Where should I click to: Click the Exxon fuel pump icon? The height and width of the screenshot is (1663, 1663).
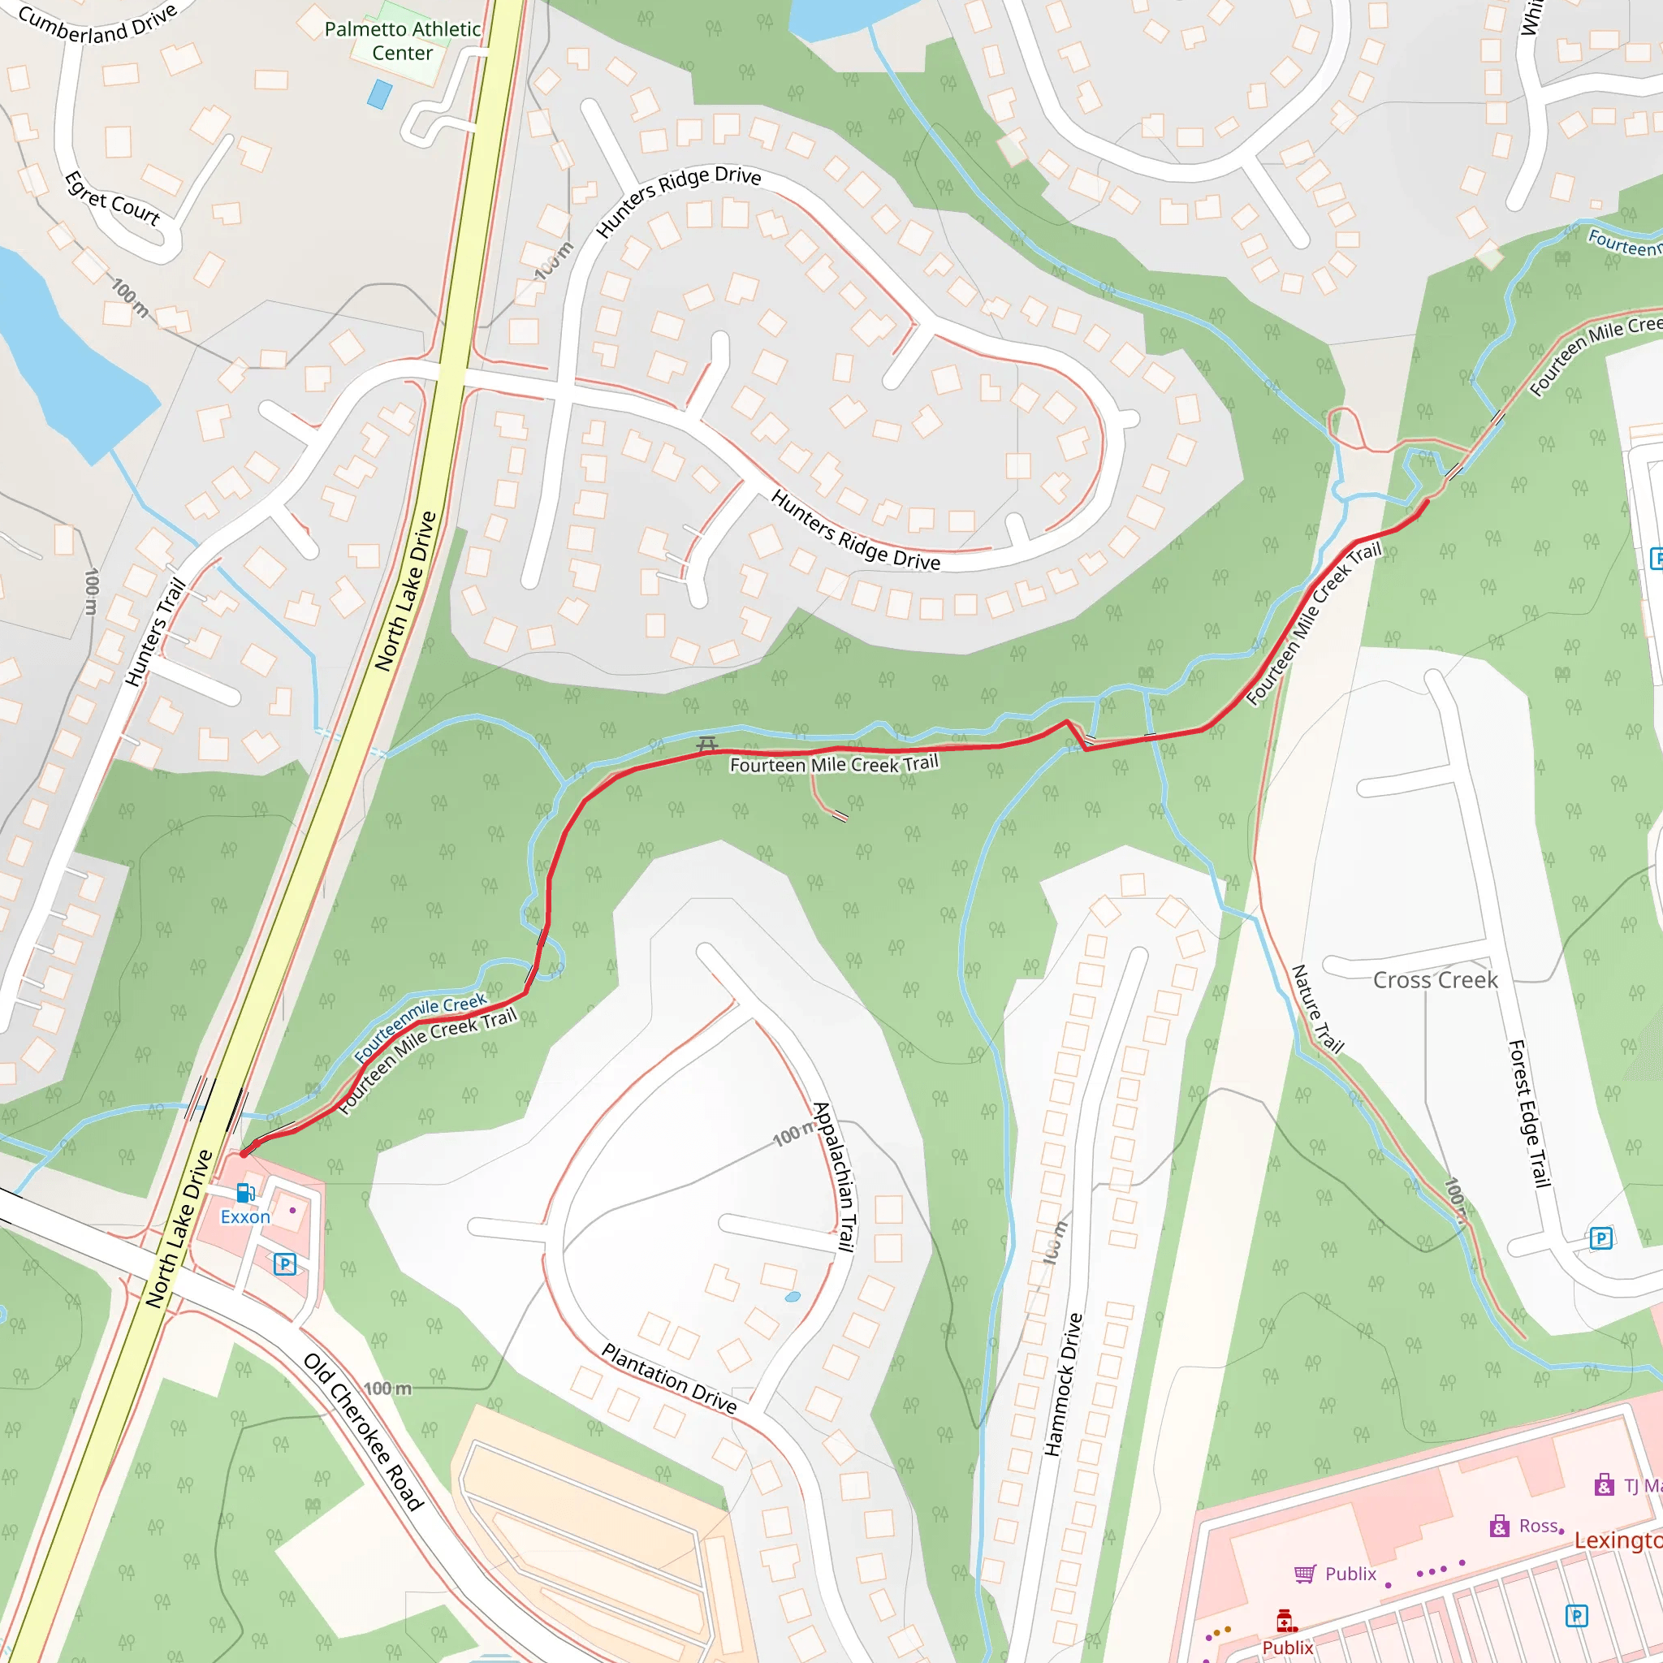coord(244,1193)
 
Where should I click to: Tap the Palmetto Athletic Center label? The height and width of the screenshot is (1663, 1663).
coord(402,41)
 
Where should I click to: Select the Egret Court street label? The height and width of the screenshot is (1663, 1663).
coord(113,199)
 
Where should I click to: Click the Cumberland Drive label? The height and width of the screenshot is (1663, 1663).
coord(97,24)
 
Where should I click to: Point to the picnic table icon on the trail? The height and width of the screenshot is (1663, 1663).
coord(706,743)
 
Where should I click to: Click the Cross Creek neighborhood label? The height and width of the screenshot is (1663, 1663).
coord(1435,979)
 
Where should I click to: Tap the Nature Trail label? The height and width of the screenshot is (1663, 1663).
coord(1317,1009)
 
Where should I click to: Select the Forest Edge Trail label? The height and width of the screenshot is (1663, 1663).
coord(1530,1114)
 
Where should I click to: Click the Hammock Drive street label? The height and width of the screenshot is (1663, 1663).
coord(1063,1384)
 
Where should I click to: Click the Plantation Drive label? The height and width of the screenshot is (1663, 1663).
coord(670,1378)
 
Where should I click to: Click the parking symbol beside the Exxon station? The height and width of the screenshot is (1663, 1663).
coord(285,1263)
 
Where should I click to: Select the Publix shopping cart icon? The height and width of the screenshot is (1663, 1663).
coord(1305,1574)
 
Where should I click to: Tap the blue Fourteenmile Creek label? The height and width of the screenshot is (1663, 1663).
coord(420,1028)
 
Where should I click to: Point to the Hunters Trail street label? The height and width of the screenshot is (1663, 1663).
coord(156,633)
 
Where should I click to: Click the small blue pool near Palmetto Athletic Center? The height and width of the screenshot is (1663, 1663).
coord(379,94)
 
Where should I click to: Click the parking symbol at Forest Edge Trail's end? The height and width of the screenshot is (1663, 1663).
coord(1601,1238)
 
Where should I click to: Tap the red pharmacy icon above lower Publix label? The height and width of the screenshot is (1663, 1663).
coord(1286,1620)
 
